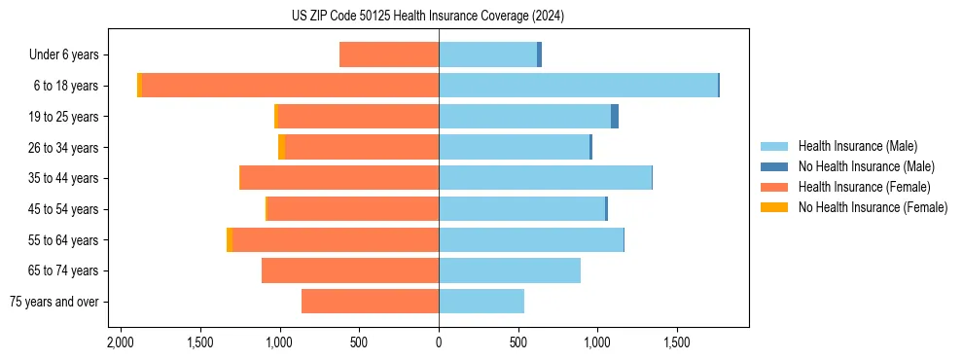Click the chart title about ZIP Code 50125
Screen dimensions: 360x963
tap(428, 17)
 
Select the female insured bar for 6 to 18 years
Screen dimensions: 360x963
tap(290, 86)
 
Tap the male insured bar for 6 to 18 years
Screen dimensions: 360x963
tap(578, 86)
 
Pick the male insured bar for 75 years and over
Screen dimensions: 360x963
tap(481, 302)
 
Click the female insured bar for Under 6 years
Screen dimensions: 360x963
tap(389, 54)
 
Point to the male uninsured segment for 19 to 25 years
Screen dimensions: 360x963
tap(615, 116)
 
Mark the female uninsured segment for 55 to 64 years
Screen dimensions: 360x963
tap(230, 239)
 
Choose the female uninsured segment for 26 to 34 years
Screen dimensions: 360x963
tap(281, 147)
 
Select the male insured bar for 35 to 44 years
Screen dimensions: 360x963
tap(545, 178)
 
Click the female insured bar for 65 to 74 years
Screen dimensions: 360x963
tap(350, 270)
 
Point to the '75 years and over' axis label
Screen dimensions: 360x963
tap(54, 302)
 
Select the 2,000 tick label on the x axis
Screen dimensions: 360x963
tap(121, 342)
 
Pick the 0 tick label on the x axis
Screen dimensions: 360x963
tap(439, 342)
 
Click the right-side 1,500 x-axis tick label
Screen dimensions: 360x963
tap(677, 342)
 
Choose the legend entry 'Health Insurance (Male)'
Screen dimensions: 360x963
tap(857, 146)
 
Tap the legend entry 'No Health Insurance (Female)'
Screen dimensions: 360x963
tap(873, 207)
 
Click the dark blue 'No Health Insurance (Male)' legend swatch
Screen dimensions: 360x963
tap(774, 166)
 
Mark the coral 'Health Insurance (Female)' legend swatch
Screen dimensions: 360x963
tap(774, 187)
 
